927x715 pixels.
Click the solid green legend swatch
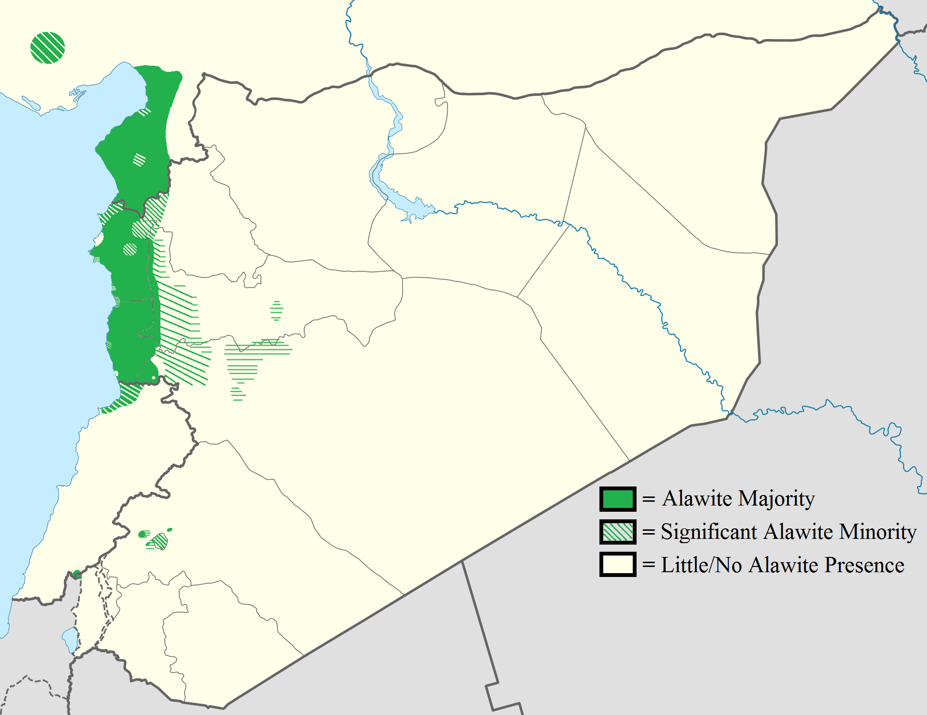(618, 499)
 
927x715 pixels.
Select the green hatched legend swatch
(618, 532)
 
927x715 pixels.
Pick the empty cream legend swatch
(618, 565)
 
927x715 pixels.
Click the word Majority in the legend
(777, 499)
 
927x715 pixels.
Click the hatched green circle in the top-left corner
(48, 48)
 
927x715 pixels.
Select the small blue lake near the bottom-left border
(70, 639)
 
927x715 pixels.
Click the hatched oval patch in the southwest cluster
(160, 541)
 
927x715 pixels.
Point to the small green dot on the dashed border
(77, 575)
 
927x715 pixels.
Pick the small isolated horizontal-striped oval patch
(277, 310)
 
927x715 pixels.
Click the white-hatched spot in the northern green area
(139, 159)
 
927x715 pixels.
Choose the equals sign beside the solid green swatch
(648, 499)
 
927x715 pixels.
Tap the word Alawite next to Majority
(697, 499)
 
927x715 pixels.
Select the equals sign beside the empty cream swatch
(648, 566)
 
